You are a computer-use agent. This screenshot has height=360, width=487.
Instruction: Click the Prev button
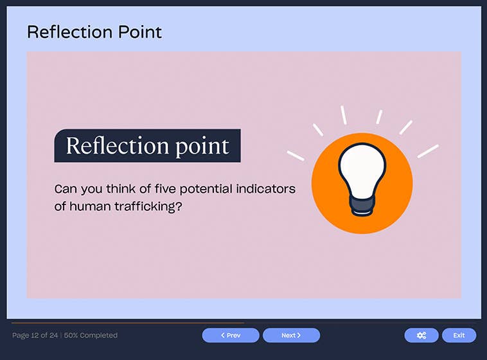pos(231,335)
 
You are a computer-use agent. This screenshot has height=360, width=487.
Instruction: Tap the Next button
pos(291,335)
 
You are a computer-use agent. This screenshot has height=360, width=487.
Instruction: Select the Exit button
pos(459,335)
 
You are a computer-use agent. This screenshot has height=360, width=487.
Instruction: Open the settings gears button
pos(421,335)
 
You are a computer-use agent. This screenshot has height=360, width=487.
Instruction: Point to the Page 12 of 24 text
pos(35,335)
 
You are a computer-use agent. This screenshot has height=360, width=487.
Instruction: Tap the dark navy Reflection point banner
pos(147,146)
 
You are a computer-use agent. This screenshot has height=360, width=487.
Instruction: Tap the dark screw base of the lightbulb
pos(362,206)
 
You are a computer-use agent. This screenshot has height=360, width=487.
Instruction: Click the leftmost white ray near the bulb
pos(295,155)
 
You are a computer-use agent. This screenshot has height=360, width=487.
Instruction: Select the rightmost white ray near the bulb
pos(428,151)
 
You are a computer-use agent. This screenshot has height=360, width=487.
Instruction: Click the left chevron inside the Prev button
pos(222,335)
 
